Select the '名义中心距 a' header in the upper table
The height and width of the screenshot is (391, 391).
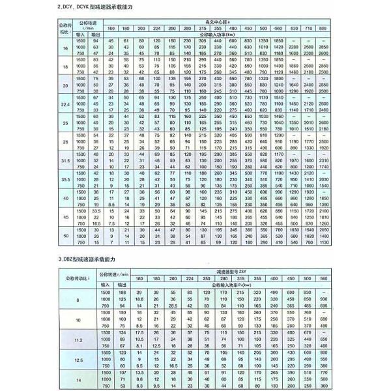[218, 21]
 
